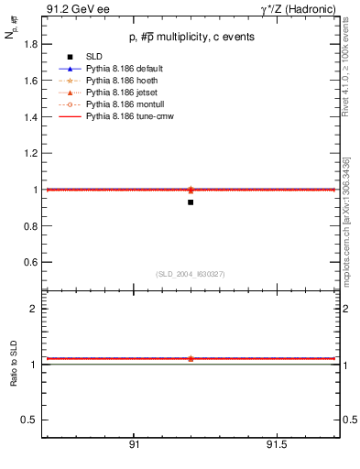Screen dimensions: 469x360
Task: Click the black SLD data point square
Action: tap(190, 202)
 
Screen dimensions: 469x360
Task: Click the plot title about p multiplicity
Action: tap(190, 38)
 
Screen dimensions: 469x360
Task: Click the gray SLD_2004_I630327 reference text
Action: tap(190, 274)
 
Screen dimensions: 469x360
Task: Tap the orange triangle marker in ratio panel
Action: tap(190, 358)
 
